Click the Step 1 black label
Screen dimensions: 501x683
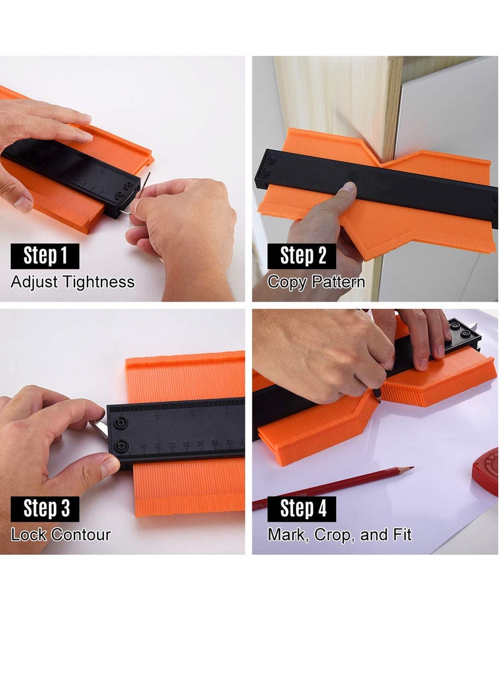pos(45,256)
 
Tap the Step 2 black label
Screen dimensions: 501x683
pos(301,256)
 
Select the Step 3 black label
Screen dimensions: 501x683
pos(45,508)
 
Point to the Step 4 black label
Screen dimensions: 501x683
pos(301,508)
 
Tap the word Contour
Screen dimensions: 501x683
pos(81,535)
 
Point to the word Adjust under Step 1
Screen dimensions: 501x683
pos(34,282)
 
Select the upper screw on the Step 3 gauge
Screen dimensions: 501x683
pos(121,422)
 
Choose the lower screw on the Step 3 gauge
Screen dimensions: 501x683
pos(121,446)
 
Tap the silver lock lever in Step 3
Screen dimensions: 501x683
pos(100,430)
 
